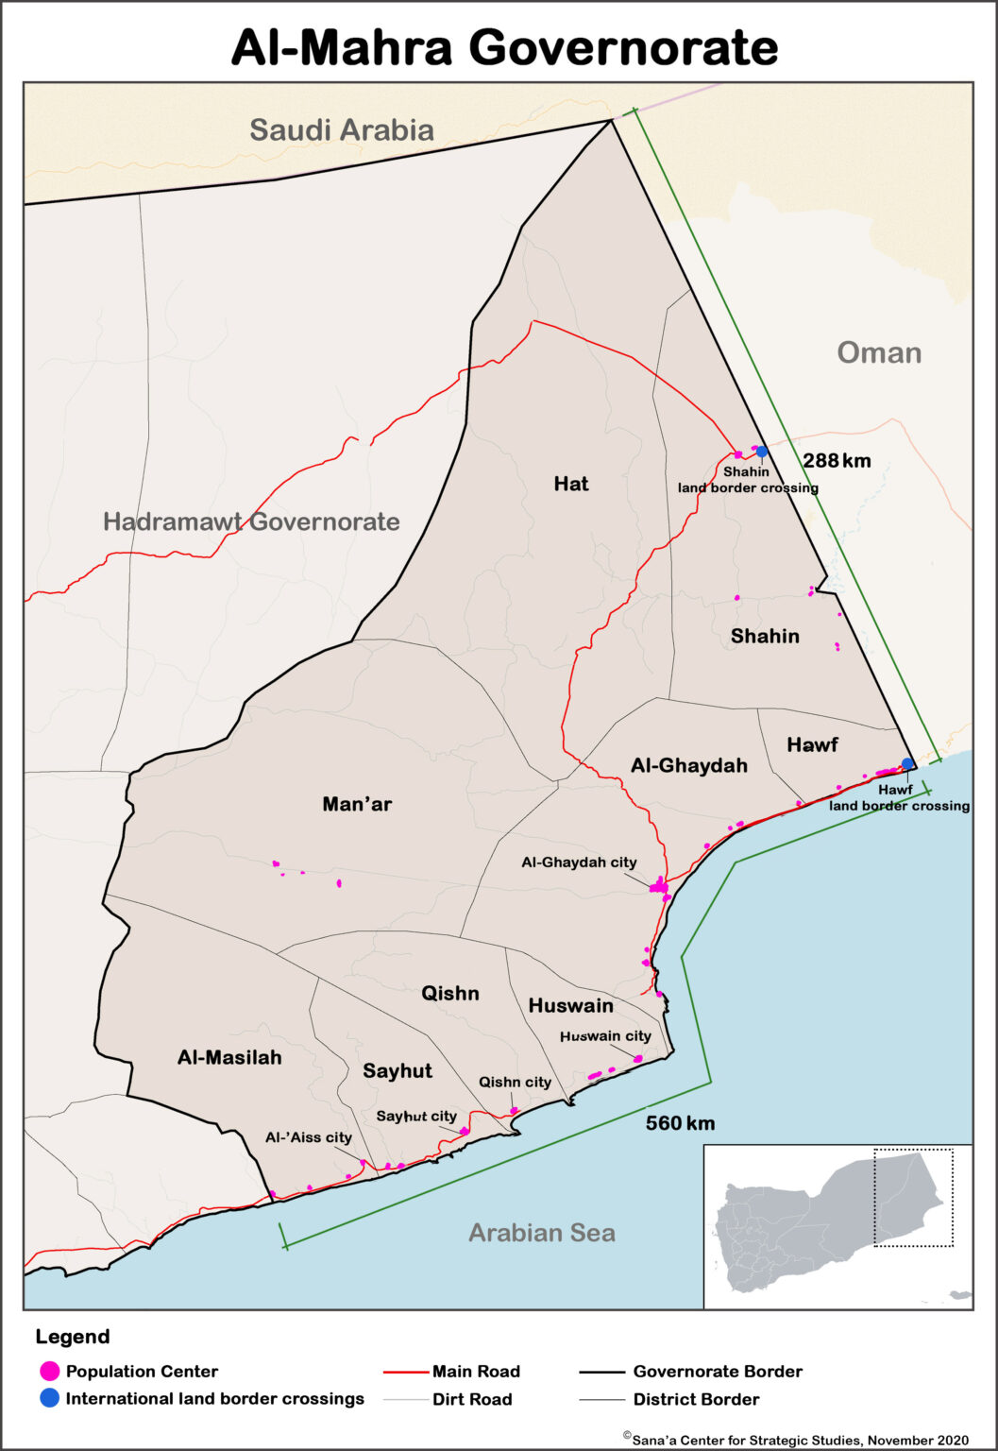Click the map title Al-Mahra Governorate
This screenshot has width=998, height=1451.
504,46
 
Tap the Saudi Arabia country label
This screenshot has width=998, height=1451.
342,130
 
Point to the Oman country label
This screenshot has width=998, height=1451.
879,353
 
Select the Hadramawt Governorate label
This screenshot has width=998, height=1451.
251,521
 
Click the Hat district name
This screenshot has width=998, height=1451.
570,484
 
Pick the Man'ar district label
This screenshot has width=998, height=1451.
357,804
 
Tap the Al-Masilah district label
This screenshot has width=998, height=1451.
229,1057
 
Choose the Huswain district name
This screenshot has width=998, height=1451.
570,1005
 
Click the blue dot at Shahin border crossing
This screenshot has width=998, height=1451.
761,452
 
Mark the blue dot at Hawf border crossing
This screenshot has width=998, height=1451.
907,763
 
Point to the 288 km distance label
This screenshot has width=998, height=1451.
837,461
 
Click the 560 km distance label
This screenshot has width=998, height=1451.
680,1123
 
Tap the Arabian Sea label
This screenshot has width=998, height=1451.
542,1233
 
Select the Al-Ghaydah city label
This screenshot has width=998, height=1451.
579,862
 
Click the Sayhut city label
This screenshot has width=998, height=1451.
416,1117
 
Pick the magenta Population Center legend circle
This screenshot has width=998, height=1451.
50,1371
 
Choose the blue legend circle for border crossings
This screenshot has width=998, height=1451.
50,1398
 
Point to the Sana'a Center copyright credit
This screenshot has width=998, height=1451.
796,1440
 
